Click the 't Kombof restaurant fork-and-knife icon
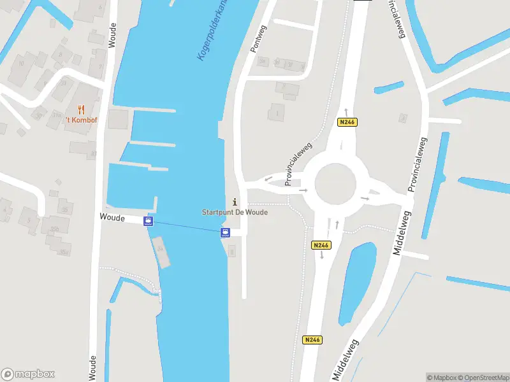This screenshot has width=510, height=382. [x=80, y=110]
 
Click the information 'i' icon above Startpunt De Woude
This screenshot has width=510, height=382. [x=235, y=202]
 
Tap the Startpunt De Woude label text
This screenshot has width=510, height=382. [x=235, y=212]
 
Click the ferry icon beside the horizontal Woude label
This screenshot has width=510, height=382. [x=149, y=222]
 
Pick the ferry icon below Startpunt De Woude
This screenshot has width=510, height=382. [x=224, y=233]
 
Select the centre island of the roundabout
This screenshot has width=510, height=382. [x=335, y=183]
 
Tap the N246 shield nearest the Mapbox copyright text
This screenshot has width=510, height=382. [x=312, y=340]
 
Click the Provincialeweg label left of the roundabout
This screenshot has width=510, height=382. [x=295, y=167]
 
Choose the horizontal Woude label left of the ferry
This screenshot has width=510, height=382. [x=112, y=217]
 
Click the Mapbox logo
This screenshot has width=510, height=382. [x=28, y=374]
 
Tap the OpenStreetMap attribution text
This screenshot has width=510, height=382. [x=483, y=378]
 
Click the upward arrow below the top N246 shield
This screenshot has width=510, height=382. [x=346, y=112]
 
